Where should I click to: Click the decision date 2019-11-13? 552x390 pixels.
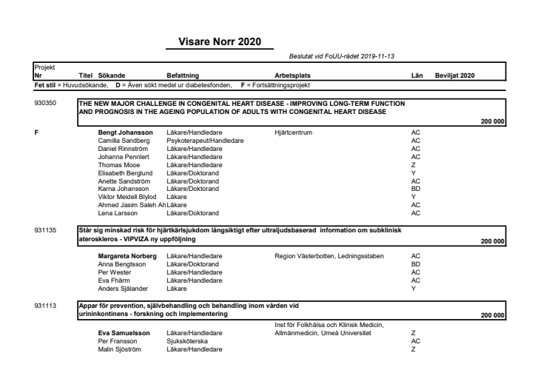[378, 58]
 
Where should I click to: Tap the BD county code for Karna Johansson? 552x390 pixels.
[415, 189]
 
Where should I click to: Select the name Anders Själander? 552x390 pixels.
[121, 289]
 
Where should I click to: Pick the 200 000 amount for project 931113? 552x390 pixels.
[492, 316]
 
